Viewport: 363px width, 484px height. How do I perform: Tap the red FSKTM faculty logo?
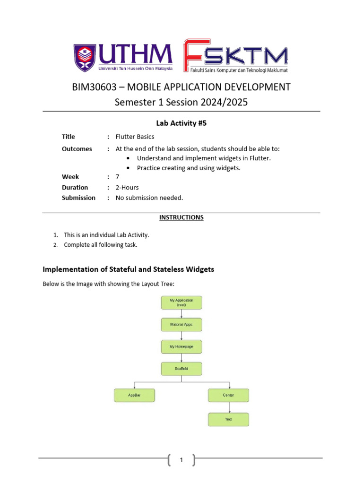[235, 56]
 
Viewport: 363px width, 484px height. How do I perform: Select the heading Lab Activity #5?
[181, 123]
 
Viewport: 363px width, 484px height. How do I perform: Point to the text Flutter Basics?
[135, 137]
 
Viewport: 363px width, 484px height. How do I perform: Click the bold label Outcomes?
[77, 149]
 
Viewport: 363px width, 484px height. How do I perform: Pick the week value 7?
[118, 177]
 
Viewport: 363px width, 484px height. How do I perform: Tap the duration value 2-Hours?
[127, 187]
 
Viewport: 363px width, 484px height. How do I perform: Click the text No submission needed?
[149, 198]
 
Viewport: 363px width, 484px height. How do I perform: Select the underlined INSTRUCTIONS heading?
[181, 217]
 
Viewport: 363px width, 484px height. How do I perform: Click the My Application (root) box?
[181, 302]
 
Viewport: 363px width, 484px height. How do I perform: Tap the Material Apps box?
[181, 325]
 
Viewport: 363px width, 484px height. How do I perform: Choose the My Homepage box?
[181, 347]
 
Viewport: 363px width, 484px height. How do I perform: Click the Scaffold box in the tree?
[181, 369]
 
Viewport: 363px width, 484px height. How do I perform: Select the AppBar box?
[134, 395]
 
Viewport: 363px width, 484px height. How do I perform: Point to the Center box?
[228, 395]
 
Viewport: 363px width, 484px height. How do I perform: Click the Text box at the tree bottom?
[228, 419]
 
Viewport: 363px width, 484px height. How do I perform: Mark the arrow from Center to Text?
[229, 407]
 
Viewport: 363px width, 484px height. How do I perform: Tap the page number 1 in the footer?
[181, 459]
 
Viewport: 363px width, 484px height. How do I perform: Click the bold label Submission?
[78, 198]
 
